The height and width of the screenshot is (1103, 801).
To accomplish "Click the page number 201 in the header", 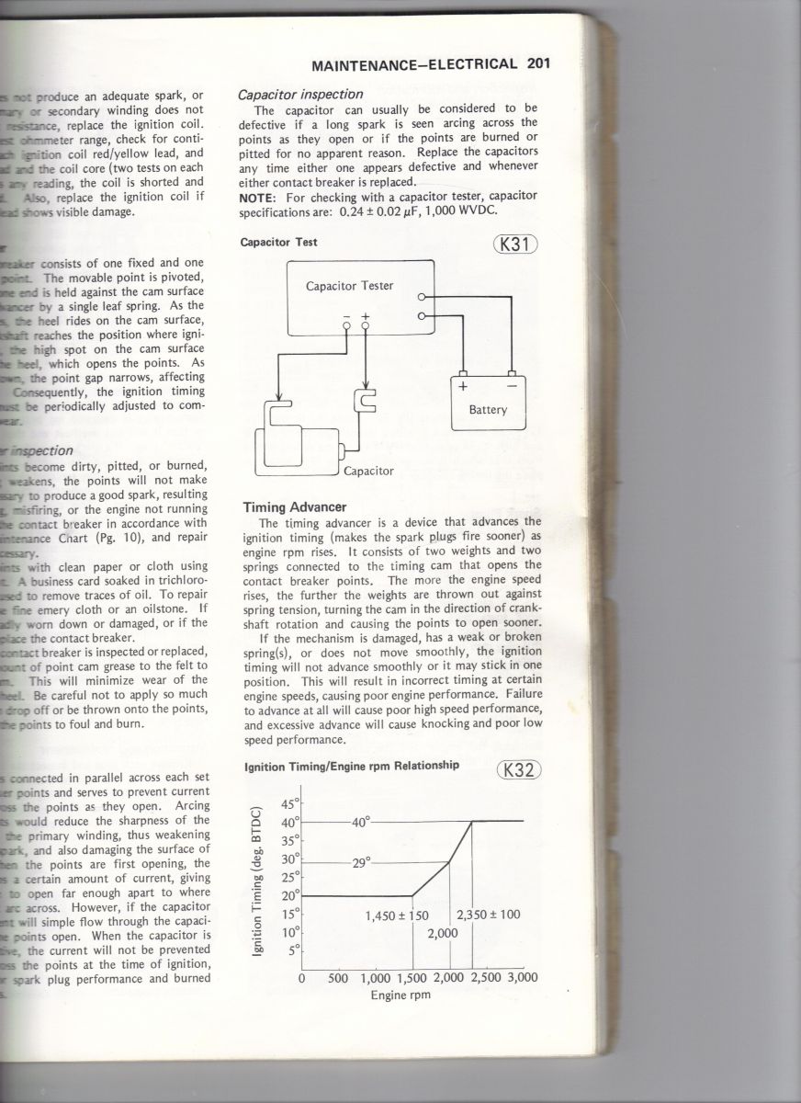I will [x=538, y=65].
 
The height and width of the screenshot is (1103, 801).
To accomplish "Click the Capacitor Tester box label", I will [x=349, y=286].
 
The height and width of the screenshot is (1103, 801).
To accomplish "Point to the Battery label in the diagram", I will [x=488, y=409].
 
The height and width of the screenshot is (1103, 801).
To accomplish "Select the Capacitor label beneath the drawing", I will [x=368, y=471].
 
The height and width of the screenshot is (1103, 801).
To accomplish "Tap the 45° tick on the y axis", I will [x=289, y=802].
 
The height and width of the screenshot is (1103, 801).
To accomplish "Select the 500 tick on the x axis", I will [x=337, y=978].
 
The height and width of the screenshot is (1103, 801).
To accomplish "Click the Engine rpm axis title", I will [x=400, y=995].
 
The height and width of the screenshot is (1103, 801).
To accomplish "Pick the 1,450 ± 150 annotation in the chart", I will [x=398, y=915].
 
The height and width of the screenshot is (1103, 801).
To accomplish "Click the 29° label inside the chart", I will [x=361, y=863].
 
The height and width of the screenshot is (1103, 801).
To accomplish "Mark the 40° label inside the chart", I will [x=361, y=823].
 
